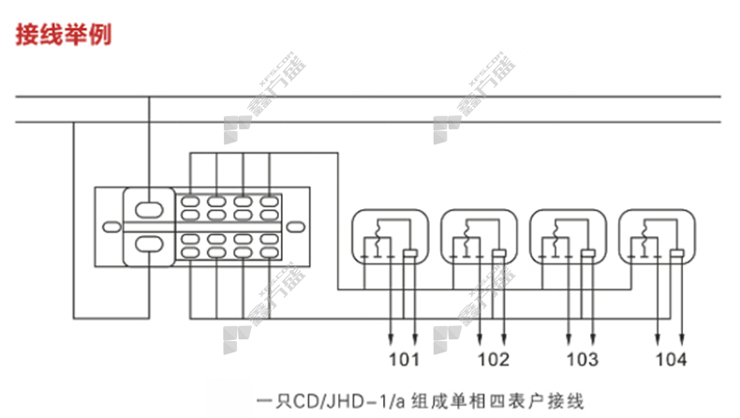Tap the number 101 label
pos(405,360)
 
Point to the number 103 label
pos(582,360)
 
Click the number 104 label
pos(670,360)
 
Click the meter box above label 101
pos(389,240)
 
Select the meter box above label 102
pos(478,240)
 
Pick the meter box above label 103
pos(567,240)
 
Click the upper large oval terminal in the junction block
pos(149,208)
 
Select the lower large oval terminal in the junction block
pos(149,246)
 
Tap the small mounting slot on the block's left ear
pos(110,226)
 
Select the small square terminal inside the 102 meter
pos(498,254)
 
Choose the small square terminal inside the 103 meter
pos(587,254)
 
